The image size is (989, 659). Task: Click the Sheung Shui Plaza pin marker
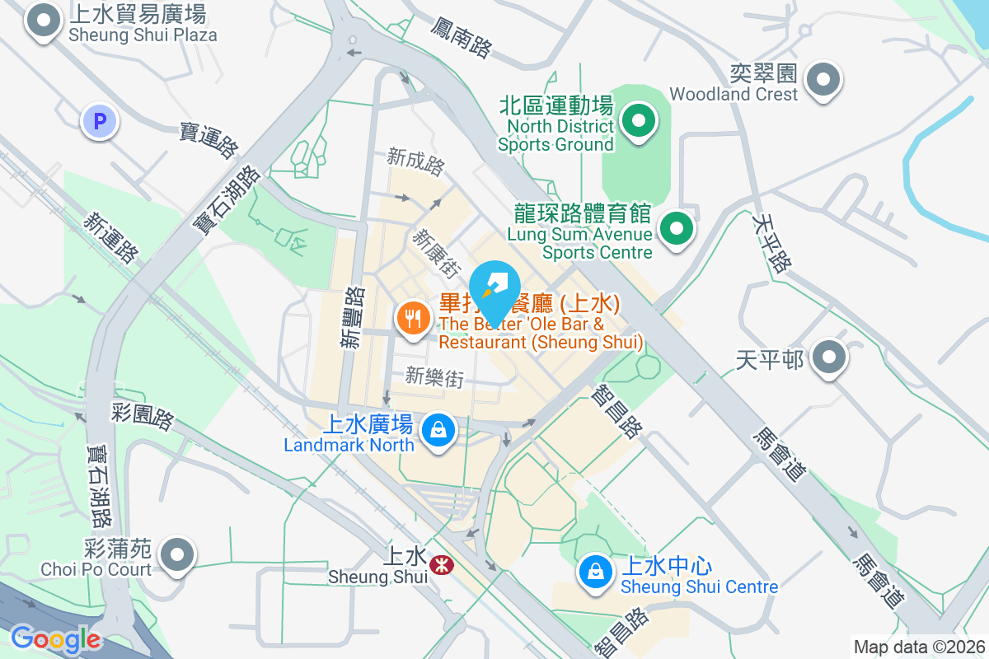[x=43, y=21]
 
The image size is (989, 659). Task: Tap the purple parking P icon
[x=100, y=122]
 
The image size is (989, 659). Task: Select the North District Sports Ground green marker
[x=637, y=121]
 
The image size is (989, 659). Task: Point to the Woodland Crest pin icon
[x=822, y=80]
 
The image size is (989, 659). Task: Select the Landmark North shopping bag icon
[x=438, y=429]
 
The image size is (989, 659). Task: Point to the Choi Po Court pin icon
[x=176, y=554]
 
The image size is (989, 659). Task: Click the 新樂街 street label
[x=434, y=377]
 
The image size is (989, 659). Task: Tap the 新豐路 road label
[x=354, y=317]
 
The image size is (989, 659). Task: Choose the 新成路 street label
[x=416, y=162]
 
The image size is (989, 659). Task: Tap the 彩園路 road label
[x=142, y=417]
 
